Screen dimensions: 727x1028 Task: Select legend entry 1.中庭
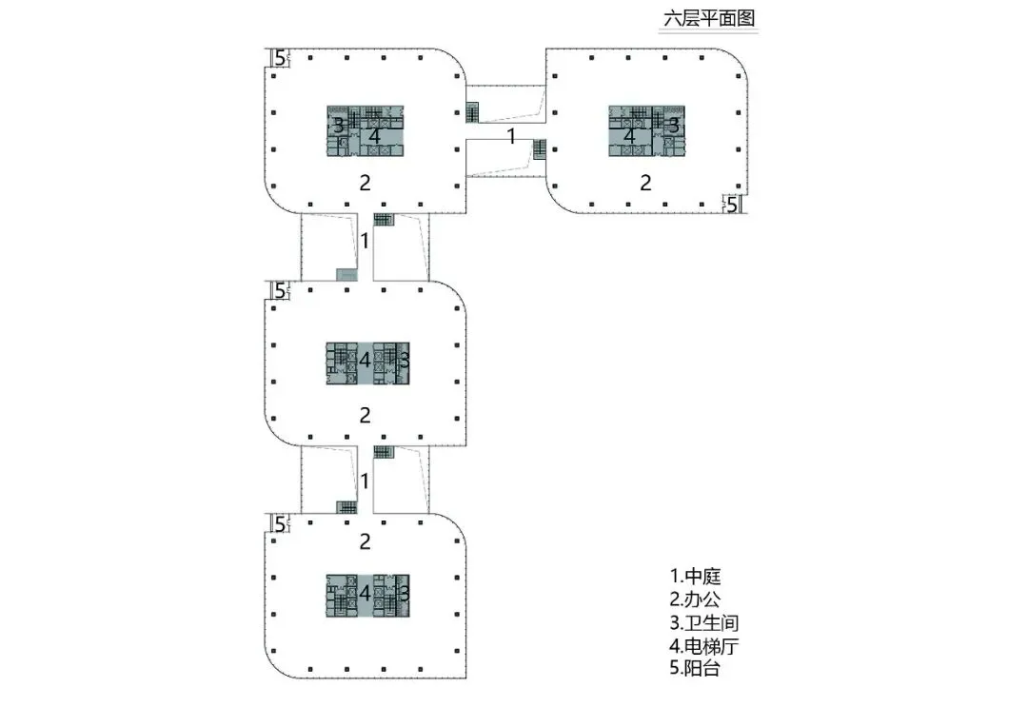tap(698, 577)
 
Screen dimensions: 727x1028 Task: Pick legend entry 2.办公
tap(698, 599)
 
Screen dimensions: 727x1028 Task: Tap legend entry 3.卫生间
tap(704, 623)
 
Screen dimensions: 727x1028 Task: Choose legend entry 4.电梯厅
tap(704, 646)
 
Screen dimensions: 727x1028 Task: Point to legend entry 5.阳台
tap(696, 669)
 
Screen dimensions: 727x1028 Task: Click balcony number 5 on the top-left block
tap(279, 59)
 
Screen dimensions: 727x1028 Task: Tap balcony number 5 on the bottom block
tap(279, 523)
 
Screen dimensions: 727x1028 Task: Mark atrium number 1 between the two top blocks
tap(511, 136)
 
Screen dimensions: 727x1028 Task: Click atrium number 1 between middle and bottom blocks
tap(365, 481)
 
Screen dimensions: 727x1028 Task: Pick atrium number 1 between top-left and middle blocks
tap(365, 241)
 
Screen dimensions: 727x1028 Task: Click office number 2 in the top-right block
tap(645, 183)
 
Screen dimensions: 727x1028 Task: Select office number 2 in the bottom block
tap(365, 541)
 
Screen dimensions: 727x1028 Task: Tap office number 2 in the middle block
tap(365, 415)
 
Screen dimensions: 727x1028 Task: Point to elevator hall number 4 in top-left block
tap(375, 136)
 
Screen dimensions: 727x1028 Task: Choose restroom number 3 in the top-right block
tap(673, 124)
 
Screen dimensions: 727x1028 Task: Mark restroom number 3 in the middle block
tap(404, 360)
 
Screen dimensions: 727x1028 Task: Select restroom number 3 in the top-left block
tap(338, 124)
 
